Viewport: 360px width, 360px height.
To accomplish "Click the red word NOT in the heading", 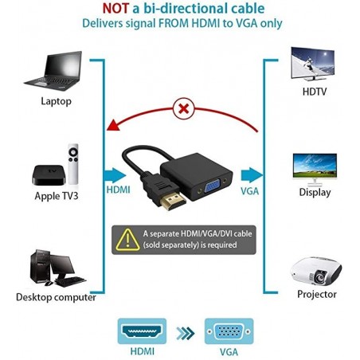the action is [x=115, y=9].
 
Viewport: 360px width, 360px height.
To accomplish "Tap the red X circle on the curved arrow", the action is [x=183, y=108].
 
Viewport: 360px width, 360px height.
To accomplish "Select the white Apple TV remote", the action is [x=73, y=164].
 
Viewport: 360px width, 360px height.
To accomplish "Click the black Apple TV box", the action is [x=49, y=174].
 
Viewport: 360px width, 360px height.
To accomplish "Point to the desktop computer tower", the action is [x=40, y=266].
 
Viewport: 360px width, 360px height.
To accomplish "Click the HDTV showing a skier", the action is [x=313, y=64].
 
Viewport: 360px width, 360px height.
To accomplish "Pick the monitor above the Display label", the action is [x=315, y=169].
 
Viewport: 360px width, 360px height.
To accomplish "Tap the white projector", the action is [x=316, y=271].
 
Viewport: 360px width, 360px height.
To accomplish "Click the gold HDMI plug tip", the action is [x=173, y=202].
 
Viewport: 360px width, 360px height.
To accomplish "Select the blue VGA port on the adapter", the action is [x=212, y=188].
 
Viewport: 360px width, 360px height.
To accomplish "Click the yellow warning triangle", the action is [x=127, y=240].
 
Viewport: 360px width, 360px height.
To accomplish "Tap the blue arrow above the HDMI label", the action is [x=115, y=175].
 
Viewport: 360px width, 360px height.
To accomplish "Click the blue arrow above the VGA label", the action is [x=252, y=175].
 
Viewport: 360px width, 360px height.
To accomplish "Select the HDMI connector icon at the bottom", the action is [x=142, y=331].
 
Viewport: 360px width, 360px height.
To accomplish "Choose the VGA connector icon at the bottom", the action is [x=229, y=331].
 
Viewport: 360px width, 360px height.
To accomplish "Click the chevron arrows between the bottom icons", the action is [x=186, y=334].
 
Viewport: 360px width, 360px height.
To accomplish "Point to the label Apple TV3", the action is [x=57, y=196].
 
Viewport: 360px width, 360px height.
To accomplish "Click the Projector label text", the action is [x=317, y=295].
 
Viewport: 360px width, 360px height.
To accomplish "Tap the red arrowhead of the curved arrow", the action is [x=113, y=125].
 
